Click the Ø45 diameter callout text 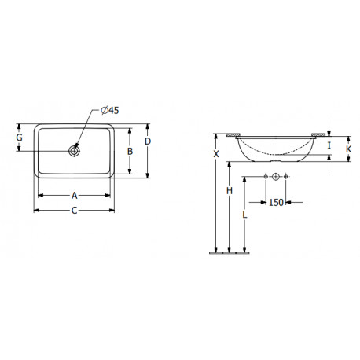coord(110,111)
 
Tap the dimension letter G coord(19,138)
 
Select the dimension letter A coord(75,196)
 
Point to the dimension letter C coord(75,211)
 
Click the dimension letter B coord(130,151)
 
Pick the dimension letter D coord(148,141)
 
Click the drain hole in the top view coord(74,151)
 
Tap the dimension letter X coord(216,154)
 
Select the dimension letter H coord(230,191)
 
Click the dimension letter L coord(244,215)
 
